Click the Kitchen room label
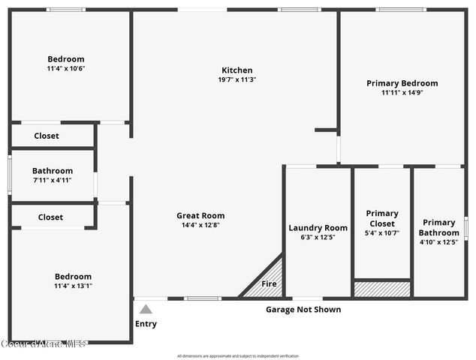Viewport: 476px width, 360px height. point(236,70)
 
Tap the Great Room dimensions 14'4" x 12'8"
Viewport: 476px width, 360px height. point(200,225)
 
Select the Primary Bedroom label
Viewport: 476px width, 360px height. point(402,83)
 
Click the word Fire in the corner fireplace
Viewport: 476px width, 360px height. point(268,284)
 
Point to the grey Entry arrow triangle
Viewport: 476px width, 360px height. point(146,308)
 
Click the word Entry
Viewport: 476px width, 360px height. point(146,324)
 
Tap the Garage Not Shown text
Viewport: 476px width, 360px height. point(303,310)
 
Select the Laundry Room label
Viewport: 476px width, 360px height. point(318,228)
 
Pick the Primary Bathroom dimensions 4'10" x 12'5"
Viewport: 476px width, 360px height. point(438,241)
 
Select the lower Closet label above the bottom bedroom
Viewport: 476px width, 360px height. point(50,217)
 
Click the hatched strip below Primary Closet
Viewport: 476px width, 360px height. point(382,289)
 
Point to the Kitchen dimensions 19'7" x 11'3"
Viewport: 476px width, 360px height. point(236,79)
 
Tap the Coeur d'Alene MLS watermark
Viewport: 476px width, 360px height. point(44,343)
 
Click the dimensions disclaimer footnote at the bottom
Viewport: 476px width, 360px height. point(237,355)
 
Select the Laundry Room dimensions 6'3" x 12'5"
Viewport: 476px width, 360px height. point(318,237)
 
